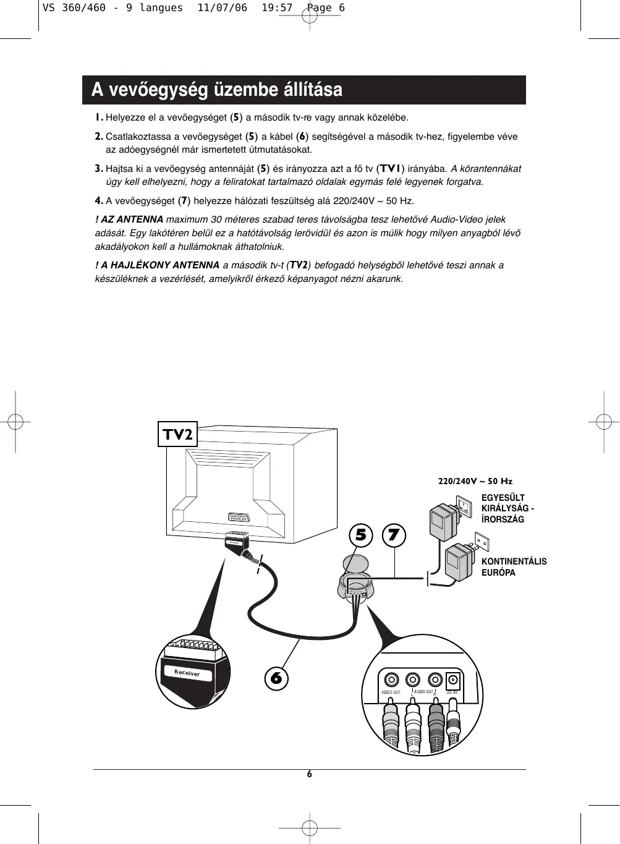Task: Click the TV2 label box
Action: pyautogui.click(x=177, y=434)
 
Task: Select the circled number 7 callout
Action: pyautogui.click(x=394, y=535)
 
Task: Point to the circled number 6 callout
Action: pyautogui.click(x=276, y=678)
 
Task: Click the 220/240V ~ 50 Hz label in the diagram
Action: pyautogui.click(x=475, y=481)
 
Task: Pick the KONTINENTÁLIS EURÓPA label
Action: pyautogui.click(x=514, y=567)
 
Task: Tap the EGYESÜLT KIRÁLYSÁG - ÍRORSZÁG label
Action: pyautogui.click(x=507, y=508)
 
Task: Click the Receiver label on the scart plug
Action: pyautogui.click(x=187, y=673)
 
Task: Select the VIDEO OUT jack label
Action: pyautogui.click(x=391, y=693)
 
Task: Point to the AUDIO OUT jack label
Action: pyautogui.click(x=423, y=692)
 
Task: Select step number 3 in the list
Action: pyautogui.click(x=99, y=168)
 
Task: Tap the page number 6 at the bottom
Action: pyautogui.click(x=310, y=774)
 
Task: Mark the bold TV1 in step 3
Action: pyautogui.click(x=391, y=168)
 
